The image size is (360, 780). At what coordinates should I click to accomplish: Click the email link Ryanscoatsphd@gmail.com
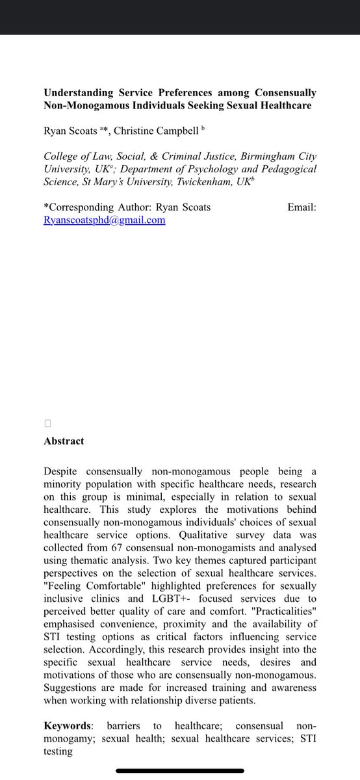coord(104,220)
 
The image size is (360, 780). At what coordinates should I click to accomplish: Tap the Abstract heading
coord(64,441)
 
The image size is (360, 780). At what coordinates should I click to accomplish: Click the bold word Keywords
coord(67,725)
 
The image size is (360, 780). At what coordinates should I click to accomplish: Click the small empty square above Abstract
coord(47,424)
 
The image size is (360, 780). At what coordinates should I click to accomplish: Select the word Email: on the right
coord(302,207)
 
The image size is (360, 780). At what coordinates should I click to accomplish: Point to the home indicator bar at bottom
coord(180,771)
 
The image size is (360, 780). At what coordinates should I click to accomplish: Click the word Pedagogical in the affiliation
coord(283,169)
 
